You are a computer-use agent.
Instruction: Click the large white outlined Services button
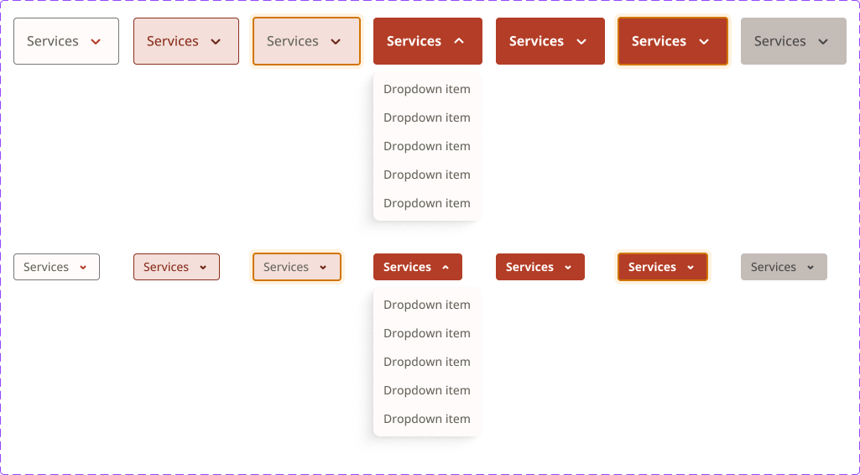point(66,41)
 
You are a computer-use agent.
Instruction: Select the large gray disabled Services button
point(794,41)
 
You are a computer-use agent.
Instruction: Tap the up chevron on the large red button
point(460,41)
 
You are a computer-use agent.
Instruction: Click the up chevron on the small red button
point(446,267)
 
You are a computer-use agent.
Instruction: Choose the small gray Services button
point(784,267)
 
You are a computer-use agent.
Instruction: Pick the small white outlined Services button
point(56,267)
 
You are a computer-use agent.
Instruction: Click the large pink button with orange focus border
point(306,41)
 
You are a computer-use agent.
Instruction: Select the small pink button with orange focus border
point(297,267)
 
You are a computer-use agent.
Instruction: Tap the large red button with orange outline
point(673,41)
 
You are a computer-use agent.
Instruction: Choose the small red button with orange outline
point(663,267)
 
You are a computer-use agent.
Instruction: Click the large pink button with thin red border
point(186,41)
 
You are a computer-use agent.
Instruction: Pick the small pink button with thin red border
point(176,267)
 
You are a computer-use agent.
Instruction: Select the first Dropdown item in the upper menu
point(427,89)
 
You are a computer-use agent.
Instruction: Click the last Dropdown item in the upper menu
point(427,203)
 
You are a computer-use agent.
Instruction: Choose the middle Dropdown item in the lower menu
point(427,362)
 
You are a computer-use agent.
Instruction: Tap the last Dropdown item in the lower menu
point(427,419)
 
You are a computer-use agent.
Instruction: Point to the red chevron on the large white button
point(96,42)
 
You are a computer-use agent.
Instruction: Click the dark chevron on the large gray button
point(823,42)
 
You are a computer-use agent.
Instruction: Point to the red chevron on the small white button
point(83,268)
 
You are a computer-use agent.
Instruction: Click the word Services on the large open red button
point(414,41)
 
